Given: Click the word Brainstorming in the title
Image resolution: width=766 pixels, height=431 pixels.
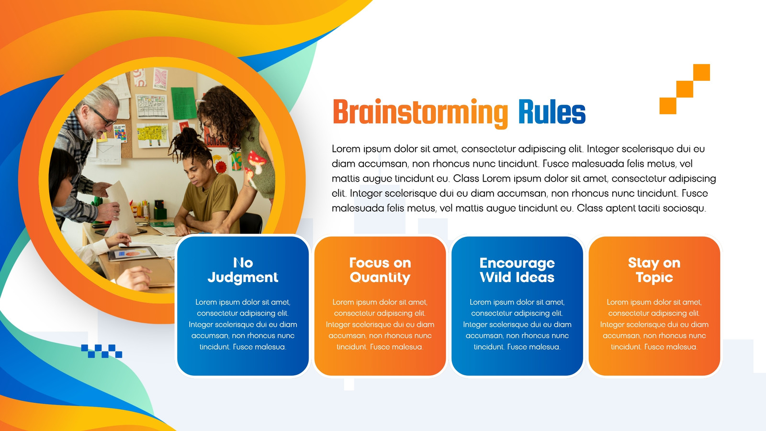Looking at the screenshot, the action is [420, 113].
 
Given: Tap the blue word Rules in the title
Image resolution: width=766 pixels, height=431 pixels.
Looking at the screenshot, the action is [552, 112].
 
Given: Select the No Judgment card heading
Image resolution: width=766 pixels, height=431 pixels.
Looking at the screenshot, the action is [243, 270].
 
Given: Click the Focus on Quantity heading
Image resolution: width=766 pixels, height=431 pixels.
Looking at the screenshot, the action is [380, 270].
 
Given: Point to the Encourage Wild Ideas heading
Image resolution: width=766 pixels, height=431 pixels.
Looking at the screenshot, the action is [517, 270].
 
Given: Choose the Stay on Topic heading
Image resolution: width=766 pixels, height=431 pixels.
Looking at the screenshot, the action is [654, 270].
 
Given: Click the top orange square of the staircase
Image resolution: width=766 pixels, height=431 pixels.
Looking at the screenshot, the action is [701, 72].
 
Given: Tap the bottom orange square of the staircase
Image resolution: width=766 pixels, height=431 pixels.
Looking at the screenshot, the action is [668, 106].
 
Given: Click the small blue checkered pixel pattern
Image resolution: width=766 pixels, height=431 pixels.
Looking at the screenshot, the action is [101, 351].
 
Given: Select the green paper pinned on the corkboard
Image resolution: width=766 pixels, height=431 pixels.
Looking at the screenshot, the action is [184, 103].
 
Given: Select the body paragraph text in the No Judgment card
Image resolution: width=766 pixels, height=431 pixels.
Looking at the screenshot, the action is [243, 324].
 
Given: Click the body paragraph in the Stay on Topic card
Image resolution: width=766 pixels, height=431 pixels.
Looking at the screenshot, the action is [654, 324].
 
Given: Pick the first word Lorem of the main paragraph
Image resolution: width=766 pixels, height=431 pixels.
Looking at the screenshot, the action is [346, 149].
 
